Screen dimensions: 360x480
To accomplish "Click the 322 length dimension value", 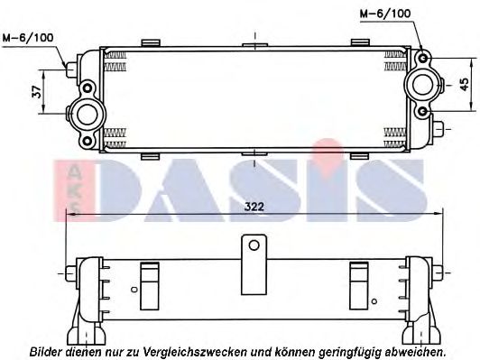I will pos(254,207).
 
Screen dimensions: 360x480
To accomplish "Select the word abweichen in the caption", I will pos(415,350).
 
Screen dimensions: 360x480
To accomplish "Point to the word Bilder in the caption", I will pos(45,350).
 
